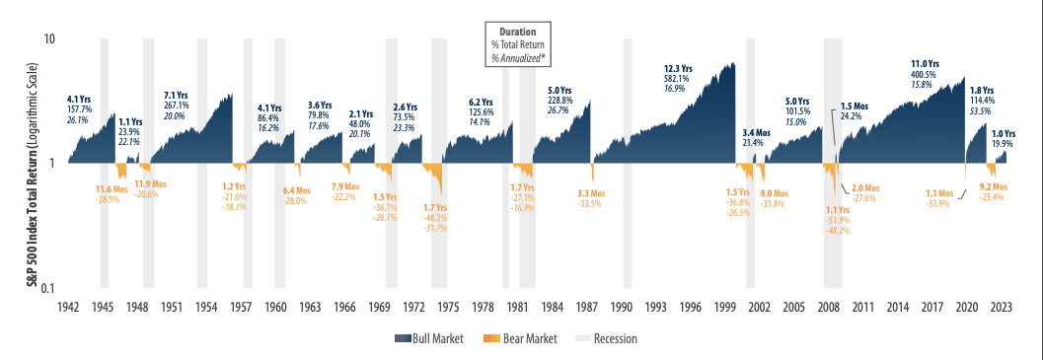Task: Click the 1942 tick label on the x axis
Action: [x=68, y=307]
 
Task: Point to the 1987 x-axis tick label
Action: [x=589, y=307]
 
